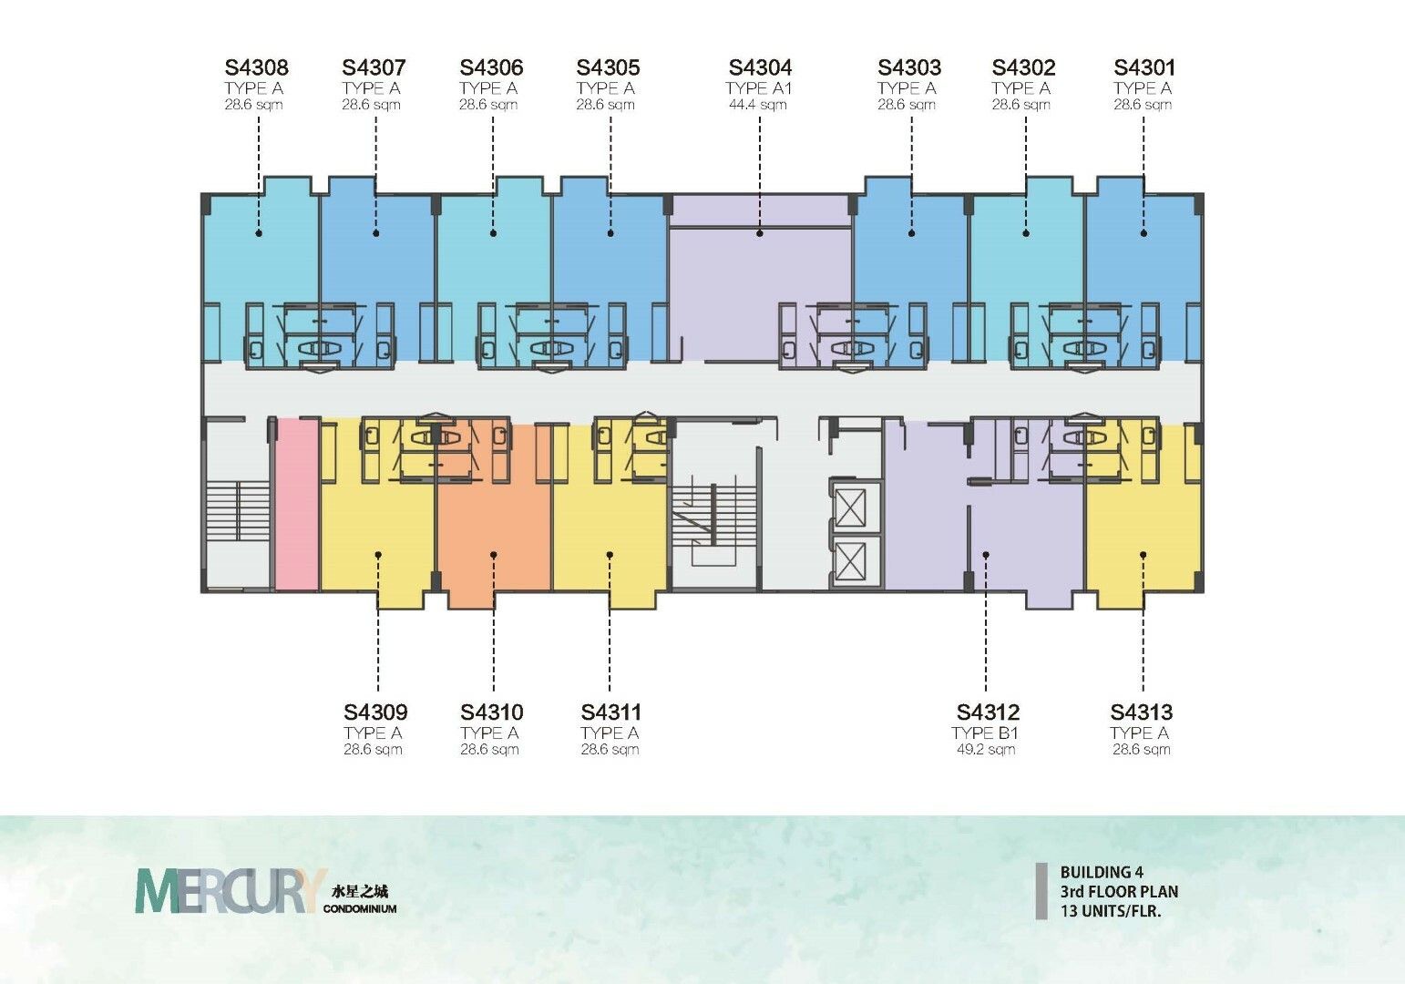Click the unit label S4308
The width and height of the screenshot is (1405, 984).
point(257,67)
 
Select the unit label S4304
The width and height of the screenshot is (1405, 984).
point(760,67)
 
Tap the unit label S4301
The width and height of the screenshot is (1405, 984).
point(1144,67)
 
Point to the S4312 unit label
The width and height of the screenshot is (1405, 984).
point(988,712)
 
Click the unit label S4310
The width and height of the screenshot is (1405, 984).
point(492,712)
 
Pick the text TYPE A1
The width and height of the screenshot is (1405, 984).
point(758,88)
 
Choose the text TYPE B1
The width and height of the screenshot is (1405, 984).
point(985,733)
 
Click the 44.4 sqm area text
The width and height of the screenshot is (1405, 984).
point(758,105)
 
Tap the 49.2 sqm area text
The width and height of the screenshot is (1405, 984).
point(985,750)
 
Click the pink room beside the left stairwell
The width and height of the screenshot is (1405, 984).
point(298,505)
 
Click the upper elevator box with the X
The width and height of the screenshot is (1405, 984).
point(850,508)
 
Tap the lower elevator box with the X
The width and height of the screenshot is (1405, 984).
point(850,561)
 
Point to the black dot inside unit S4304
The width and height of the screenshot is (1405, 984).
point(760,233)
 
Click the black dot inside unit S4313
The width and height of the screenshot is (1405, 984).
point(1143,555)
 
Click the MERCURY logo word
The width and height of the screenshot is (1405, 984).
point(231,890)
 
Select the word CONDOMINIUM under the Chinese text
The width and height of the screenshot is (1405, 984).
point(359,908)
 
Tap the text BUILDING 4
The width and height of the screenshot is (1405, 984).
point(1102,872)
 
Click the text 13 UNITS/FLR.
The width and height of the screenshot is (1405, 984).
point(1111,911)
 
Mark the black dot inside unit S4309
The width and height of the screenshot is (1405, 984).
point(378,555)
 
